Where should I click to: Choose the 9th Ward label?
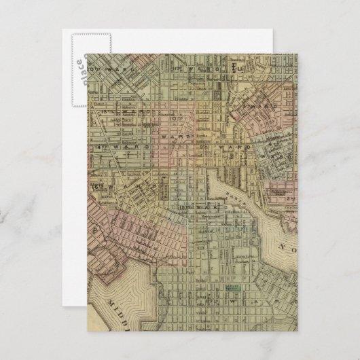(218, 146)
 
